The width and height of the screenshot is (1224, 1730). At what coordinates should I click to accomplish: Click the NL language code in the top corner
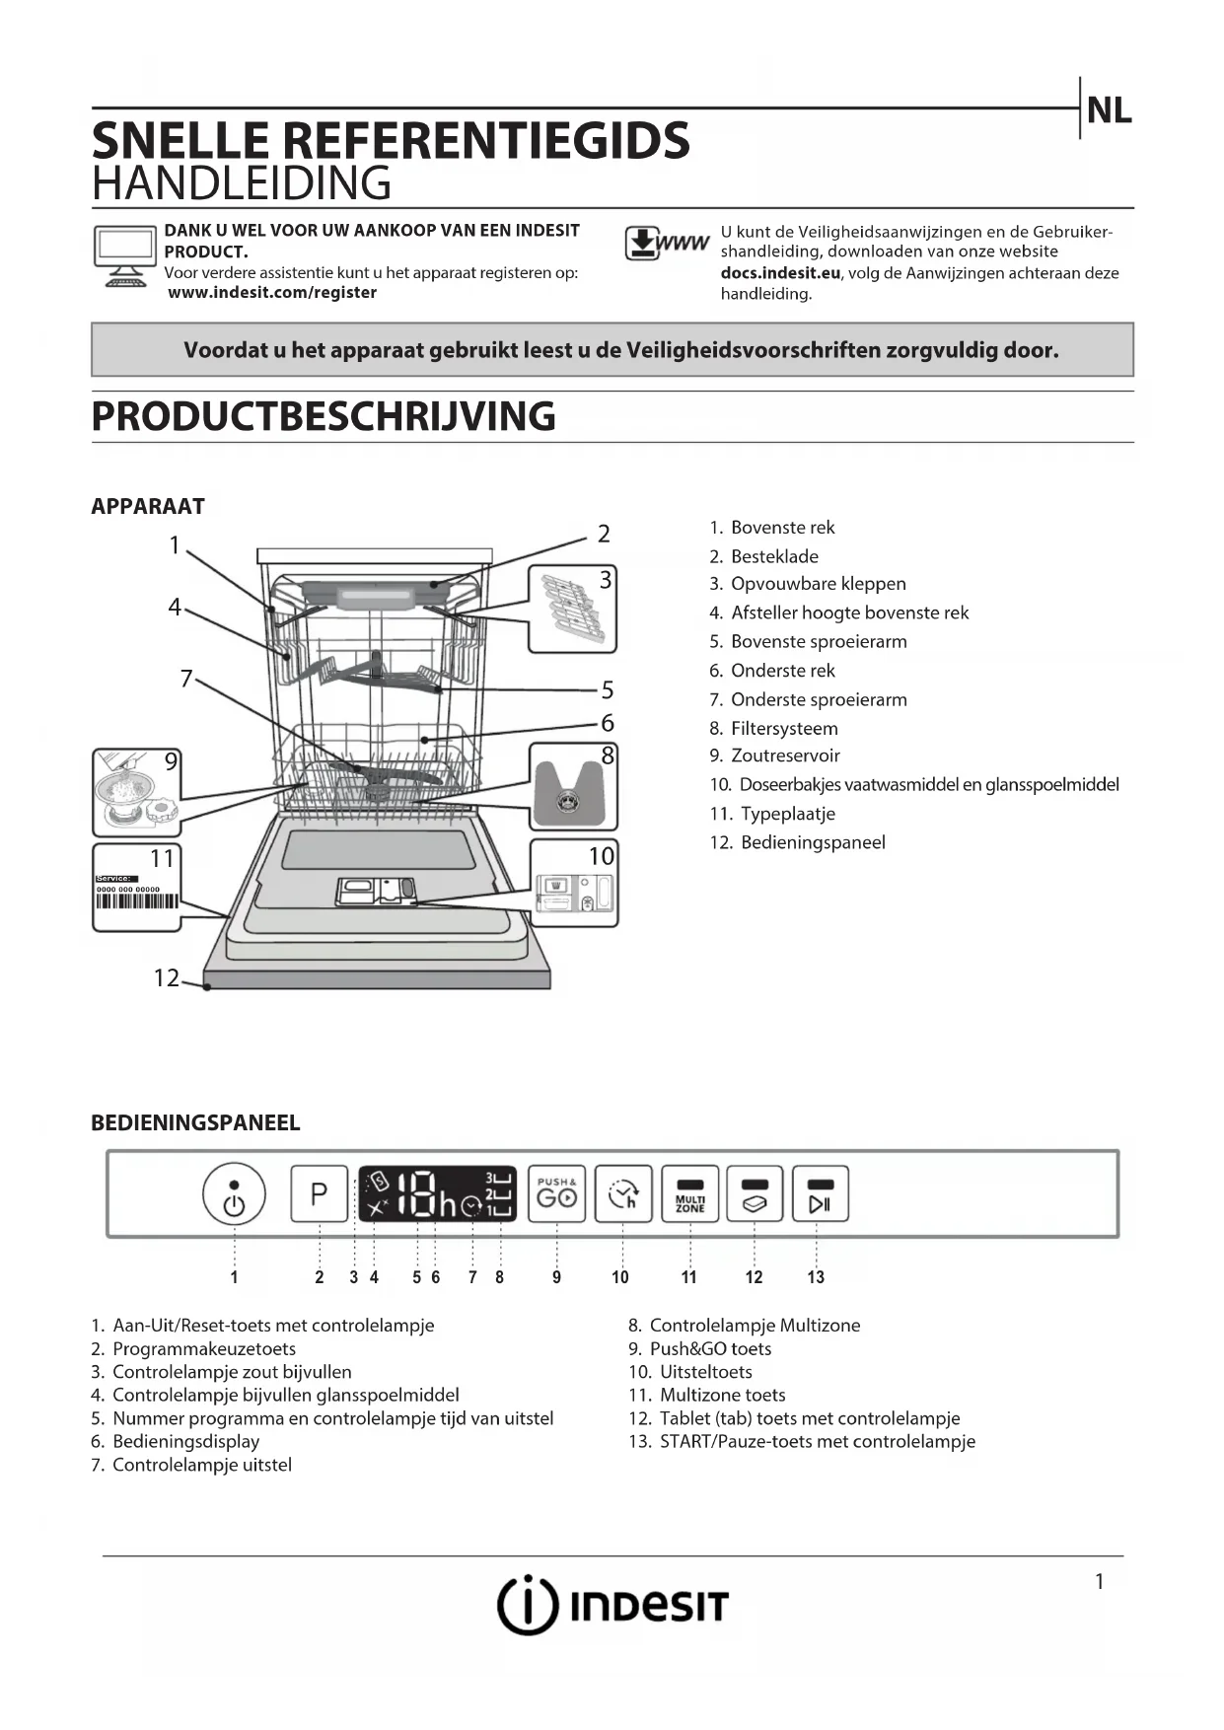1109,110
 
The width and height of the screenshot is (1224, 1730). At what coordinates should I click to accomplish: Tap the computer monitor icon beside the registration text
124,255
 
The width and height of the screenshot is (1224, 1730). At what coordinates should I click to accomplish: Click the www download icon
667,243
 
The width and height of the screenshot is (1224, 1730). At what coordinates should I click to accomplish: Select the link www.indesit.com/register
272,293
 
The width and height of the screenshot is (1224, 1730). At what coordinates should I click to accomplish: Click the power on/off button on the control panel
234,1194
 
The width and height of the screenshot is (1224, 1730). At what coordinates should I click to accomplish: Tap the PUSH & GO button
556,1193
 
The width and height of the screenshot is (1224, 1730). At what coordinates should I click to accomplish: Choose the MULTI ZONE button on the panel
689,1194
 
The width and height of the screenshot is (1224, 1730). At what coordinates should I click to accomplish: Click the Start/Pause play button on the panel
820,1194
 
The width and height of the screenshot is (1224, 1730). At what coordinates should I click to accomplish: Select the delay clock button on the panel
623,1194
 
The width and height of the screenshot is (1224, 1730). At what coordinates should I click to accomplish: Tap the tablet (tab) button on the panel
755,1194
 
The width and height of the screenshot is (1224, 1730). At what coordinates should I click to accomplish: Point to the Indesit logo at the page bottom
612,1605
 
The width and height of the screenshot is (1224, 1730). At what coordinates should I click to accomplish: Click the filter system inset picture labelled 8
573,787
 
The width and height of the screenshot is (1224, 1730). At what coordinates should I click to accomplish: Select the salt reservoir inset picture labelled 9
137,792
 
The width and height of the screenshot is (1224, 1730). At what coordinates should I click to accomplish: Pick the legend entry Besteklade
774,556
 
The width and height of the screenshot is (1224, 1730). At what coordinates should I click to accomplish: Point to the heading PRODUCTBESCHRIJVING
324,416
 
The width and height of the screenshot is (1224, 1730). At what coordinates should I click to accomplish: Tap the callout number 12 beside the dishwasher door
166,977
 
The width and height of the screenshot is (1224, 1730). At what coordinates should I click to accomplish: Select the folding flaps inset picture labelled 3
572,609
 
